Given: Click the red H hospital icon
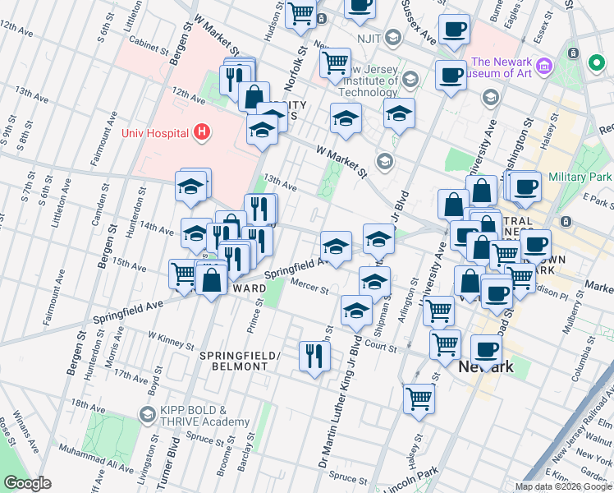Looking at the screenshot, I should [x=201, y=132].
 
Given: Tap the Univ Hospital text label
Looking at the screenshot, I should [x=154, y=132].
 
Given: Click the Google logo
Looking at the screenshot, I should [x=29, y=482].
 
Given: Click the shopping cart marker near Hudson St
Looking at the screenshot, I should [x=301, y=13].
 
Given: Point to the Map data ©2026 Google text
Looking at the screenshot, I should [x=562, y=486].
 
